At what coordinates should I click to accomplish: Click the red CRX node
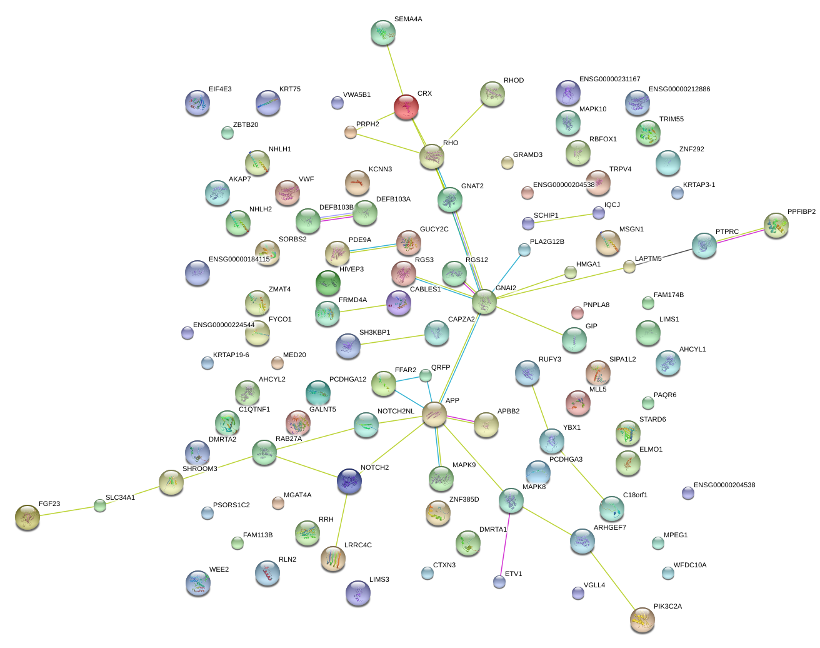point(406,107)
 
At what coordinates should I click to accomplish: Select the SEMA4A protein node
point(382,33)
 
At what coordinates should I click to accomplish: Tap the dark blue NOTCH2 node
point(349,481)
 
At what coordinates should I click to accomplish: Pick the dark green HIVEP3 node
point(328,283)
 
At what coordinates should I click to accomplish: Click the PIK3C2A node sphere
point(642,619)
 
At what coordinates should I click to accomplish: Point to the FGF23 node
point(27,517)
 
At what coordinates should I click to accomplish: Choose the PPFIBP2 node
point(776,225)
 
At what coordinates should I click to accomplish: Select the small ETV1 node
point(499,582)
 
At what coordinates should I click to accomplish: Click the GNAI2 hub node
point(484,302)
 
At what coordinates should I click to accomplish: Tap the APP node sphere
point(434,415)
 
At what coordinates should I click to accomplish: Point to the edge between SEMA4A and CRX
point(394,69)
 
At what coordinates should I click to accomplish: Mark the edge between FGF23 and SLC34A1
point(63,511)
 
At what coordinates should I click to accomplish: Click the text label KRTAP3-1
point(699,185)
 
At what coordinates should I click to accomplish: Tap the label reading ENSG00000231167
point(609,79)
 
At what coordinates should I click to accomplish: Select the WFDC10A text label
point(689,565)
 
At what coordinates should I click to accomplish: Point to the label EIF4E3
point(220,89)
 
